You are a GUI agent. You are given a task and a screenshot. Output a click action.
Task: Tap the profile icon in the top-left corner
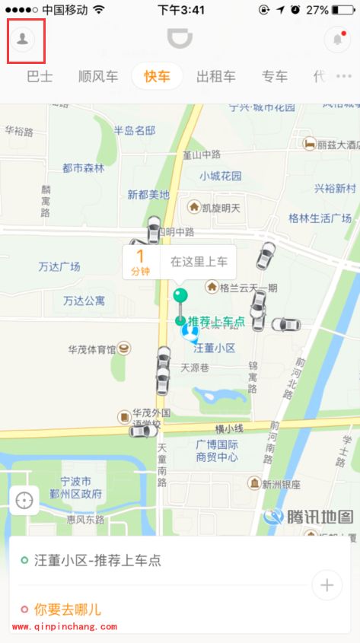pyautogui.click(x=23, y=40)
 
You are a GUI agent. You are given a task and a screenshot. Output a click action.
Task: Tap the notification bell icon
pyautogui.click(x=337, y=40)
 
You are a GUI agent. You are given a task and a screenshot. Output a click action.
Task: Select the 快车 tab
pyautogui.click(x=158, y=76)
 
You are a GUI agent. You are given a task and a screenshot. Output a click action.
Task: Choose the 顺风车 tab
pyautogui.click(x=98, y=76)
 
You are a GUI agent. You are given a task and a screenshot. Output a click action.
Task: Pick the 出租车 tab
pyautogui.click(x=215, y=76)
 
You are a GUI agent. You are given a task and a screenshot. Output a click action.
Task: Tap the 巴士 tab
pyautogui.click(x=40, y=76)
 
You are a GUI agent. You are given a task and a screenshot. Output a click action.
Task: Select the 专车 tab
pyautogui.click(x=275, y=76)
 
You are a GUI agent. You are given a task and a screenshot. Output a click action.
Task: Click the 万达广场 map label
pyautogui.click(x=59, y=267)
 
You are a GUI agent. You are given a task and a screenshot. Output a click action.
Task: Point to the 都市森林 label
pyautogui.click(x=83, y=168)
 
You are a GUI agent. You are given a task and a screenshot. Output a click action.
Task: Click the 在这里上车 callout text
pyautogui.click(x=199, y=261)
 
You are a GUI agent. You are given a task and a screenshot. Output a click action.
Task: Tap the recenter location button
pyautogui.click(x=24, y=501)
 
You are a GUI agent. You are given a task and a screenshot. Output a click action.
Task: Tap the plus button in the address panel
pyautogui.click(x=327, y=584)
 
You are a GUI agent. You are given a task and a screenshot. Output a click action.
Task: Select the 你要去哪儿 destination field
pyautogui.click(x=67, y=610)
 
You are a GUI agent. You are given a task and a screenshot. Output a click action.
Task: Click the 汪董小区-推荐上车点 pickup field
pyautogui.click(x=97, y=561)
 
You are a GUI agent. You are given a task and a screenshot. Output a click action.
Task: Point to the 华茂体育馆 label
pyautogui.click(x=91, y=349)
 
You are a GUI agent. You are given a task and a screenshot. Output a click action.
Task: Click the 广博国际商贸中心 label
pyautogui.click(x=217, y=450)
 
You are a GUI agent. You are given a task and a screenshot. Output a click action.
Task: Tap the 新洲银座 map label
pyautogui.click(x=281, y=484)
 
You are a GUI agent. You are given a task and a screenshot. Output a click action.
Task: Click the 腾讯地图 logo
pyautogui.click(x=309, y=517)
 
